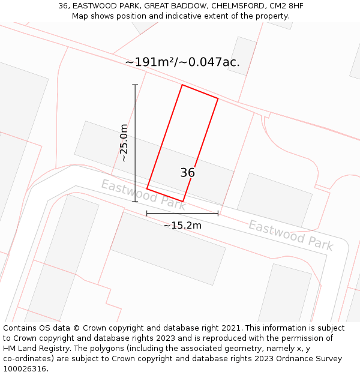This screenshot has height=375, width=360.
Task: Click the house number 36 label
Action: [x=187, y=173]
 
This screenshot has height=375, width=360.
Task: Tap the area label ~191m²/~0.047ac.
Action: [x=182, y=62]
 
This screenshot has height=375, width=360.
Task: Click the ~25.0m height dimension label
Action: [x=124, y=143]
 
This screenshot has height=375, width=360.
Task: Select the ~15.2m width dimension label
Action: [x=182, y=226]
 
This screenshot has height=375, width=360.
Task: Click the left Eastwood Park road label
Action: [x=143, y=195]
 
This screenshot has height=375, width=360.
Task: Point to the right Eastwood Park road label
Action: [x=290, y=235]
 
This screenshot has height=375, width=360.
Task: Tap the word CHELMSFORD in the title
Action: [x=235, y=6]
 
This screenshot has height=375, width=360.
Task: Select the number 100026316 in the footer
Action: [x=25, y=369]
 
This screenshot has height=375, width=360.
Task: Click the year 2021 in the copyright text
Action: [x=230, y=328]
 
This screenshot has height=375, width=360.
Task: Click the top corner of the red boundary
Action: [x=182, y=85]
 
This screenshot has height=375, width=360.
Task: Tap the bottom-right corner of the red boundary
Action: [x=182, y=201]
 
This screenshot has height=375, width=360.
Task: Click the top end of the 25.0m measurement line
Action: [x=135, y=85]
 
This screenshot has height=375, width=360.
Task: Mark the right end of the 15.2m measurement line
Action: [x=218, y=213]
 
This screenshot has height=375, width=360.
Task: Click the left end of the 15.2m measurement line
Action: [x=147, y=213]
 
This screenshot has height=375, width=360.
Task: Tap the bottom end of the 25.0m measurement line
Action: [x=135, y=202]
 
